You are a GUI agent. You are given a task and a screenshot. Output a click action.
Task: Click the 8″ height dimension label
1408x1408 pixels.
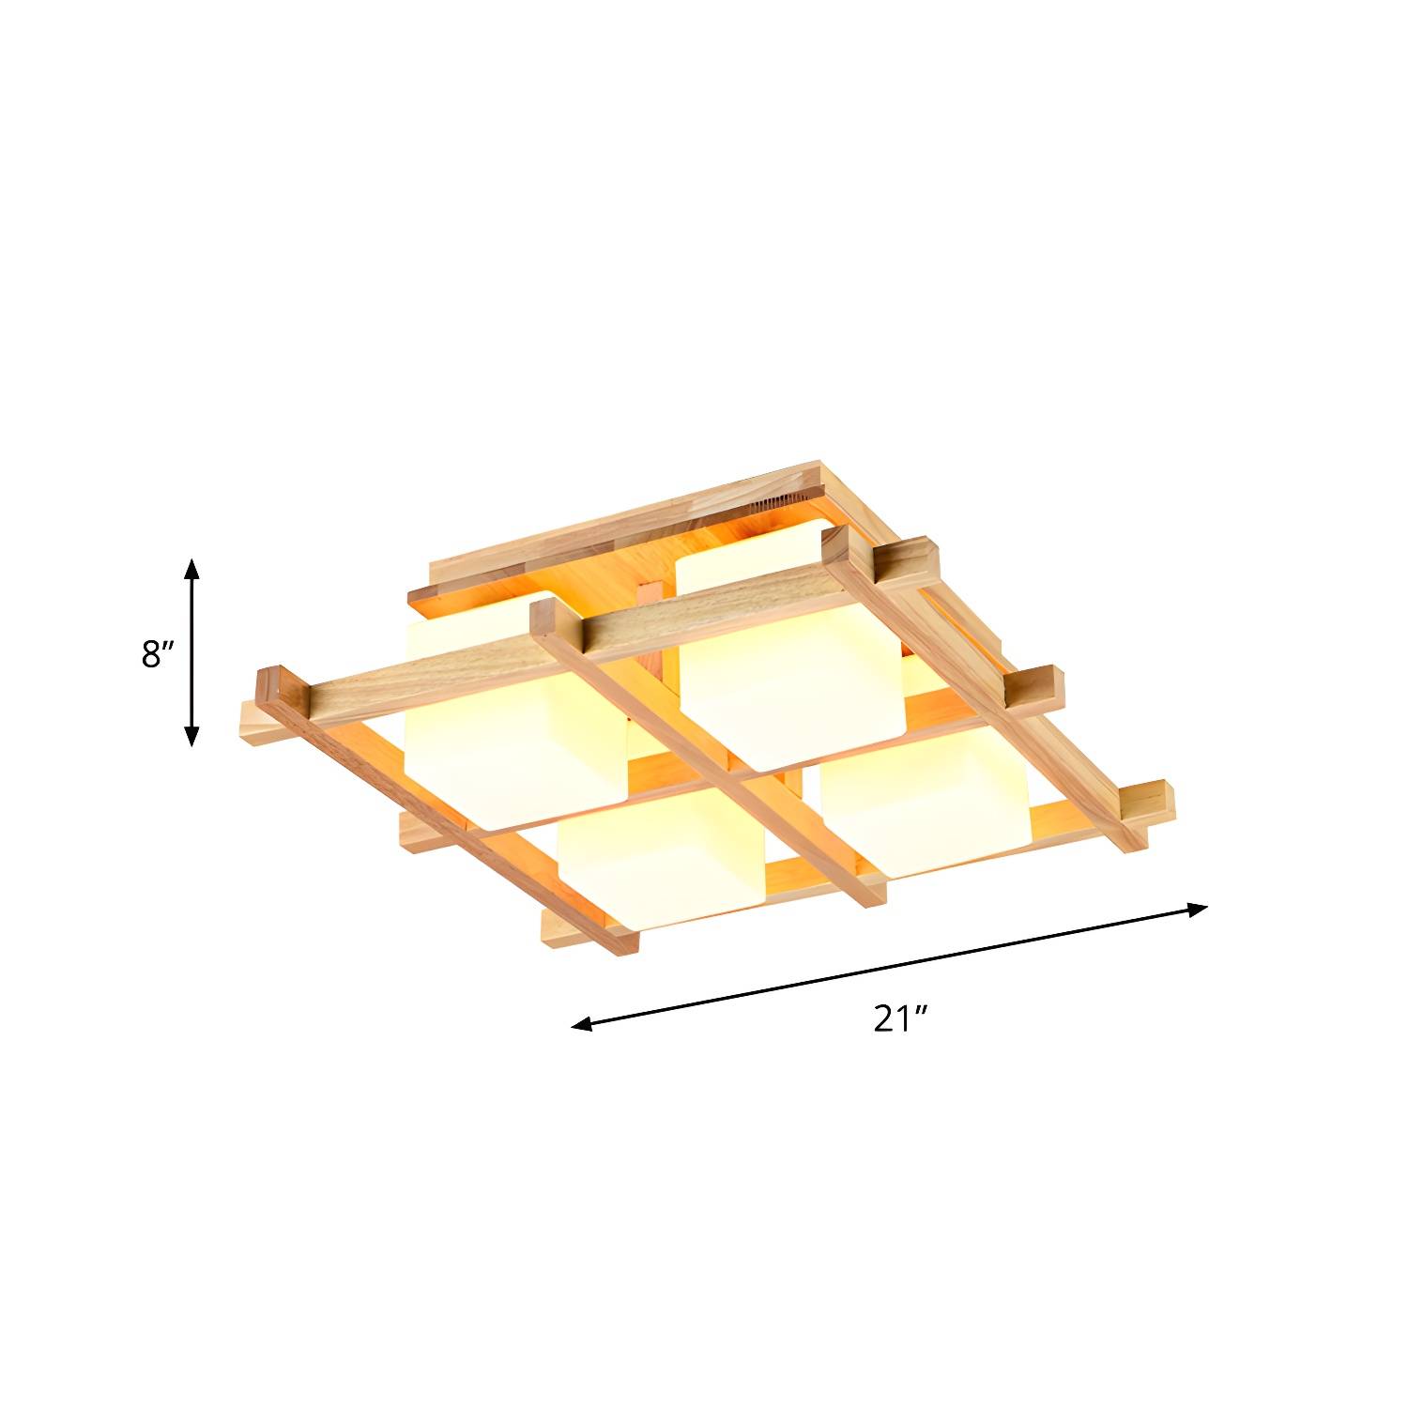[159, 654]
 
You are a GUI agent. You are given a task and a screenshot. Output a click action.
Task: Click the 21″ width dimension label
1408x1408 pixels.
[901, 1018]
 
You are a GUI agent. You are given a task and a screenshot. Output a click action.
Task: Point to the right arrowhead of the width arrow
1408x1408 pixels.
[1197, 908]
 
